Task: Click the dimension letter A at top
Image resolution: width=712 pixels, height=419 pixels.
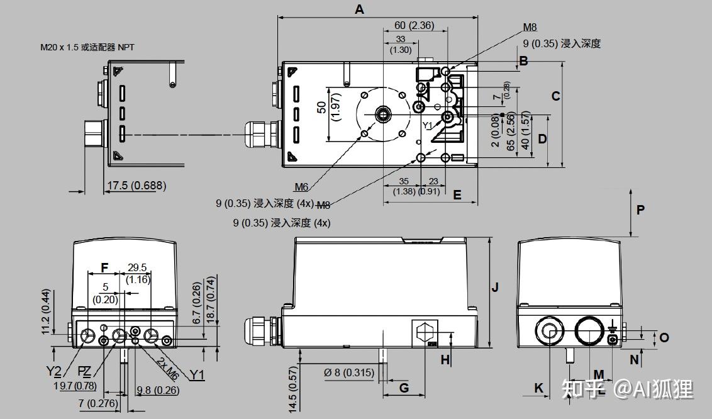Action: [x=359, y=9]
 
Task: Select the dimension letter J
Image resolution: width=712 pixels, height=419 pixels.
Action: [x=495, y=287]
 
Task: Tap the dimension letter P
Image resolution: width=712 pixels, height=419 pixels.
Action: [x=640, y=210]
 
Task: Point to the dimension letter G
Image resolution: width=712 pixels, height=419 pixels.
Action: [x=404, y=388]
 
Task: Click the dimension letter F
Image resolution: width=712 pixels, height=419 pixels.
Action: [x=104, y=268]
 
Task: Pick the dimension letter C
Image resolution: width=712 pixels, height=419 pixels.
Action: [x=555, y=96]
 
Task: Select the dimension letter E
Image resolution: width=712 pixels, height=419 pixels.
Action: [x=457, y=195]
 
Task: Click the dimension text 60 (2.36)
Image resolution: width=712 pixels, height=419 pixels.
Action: [x=414, y=26]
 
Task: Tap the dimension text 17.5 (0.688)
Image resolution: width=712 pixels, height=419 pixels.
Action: [x=136, y=186]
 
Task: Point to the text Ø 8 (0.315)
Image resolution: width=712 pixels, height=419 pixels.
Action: [x=349, y=372]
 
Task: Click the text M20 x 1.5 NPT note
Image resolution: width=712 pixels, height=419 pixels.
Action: [x=87, y=47]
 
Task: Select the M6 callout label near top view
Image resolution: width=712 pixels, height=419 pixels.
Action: [x=301, y=187]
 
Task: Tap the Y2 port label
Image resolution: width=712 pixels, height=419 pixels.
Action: [x=53, y=372]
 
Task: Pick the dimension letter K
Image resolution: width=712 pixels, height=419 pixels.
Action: [x=539, y=388]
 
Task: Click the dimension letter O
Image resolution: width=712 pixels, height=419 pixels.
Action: [x=664, y=338]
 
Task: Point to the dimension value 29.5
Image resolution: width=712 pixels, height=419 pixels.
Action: [x=137, y=267]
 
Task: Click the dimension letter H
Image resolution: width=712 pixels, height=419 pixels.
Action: [x=445, y=360]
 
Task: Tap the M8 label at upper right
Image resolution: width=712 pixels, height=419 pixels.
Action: [x=530, y=28]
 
